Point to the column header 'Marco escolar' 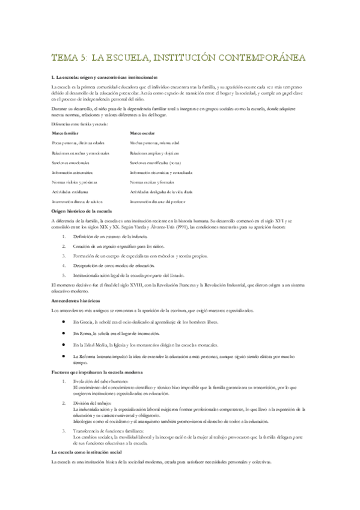(142, 132)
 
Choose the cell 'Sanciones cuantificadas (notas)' (157, 162)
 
